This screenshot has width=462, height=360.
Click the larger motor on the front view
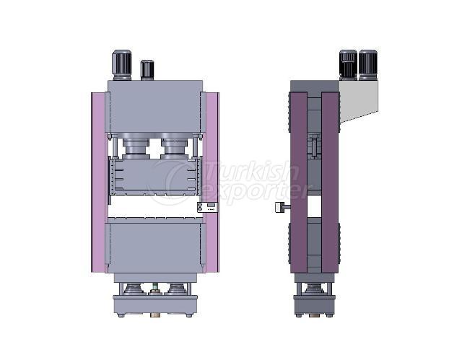point(121,65)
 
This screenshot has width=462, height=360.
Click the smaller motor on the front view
point(147,69)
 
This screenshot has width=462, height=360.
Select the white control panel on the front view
point(207,207)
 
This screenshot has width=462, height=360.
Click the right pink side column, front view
point(212,182)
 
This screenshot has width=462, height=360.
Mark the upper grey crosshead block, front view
point(155,107)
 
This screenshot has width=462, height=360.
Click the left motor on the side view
point(348,65)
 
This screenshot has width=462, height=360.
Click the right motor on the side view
point(367,65)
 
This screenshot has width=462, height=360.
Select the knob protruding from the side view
point(280,208)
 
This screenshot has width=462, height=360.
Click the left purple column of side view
point(298,182)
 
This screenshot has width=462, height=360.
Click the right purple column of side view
point(330,182)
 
